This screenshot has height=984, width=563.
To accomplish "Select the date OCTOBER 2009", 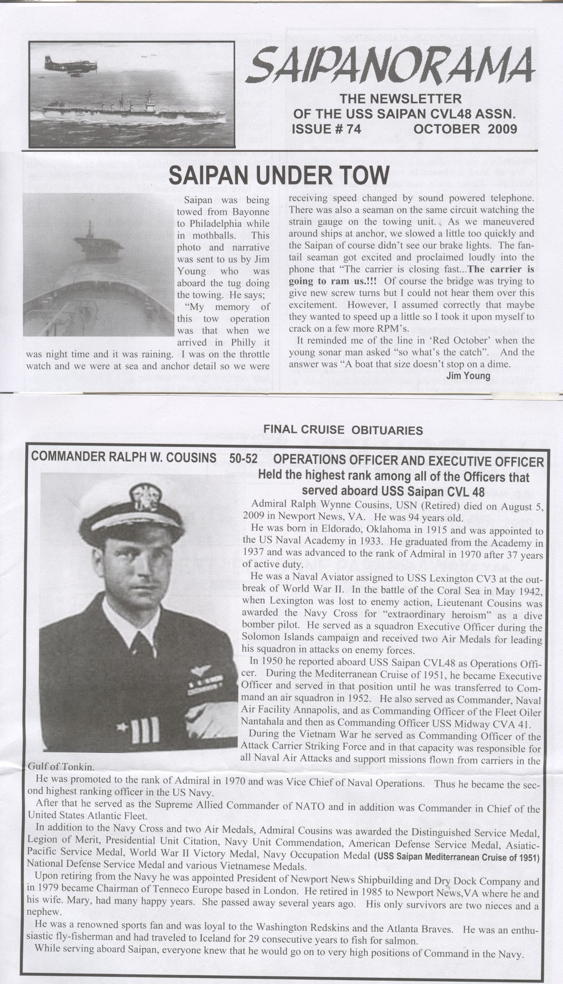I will pos(465,129).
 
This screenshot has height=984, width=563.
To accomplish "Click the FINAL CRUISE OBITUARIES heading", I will pos(344,429).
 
